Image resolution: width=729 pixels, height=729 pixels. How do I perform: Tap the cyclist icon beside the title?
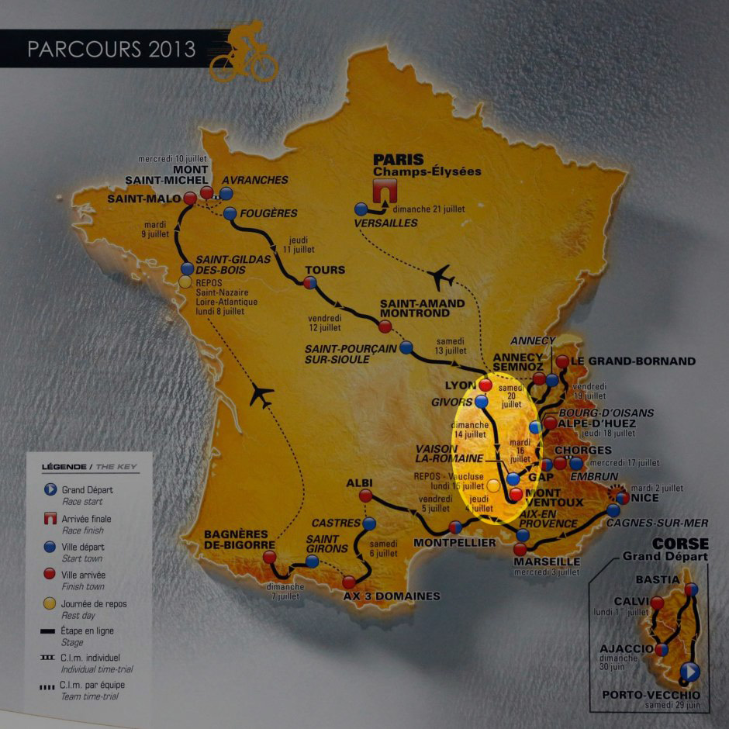pyautogui.click(x=243, y=52)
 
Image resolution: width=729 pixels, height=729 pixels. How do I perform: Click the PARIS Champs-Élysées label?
pyautogui.click(x=427, y=165)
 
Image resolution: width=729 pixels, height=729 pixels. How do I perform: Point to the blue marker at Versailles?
pyautogui.click(x=361, y=209)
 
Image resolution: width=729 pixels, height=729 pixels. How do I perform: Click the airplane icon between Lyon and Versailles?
pyautogui.click(x=441, y=275)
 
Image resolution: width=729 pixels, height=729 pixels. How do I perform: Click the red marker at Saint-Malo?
pyautogui.click(x=188, y=198)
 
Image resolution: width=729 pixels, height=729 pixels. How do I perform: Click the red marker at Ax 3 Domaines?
pyautogui.click(x=349, y=582)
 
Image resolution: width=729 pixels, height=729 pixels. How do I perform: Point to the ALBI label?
pyautogui.click(x=359, y=482)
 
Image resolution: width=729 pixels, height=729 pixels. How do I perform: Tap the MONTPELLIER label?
pyautogui.click(x=454, y=543)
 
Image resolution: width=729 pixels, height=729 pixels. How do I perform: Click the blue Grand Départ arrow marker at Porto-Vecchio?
pyautogui.click(x=691, y=672)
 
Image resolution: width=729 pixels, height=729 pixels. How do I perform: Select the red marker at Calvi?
pyautogui.click(x=658, y=603)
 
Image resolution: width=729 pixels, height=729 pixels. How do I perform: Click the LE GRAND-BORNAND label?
pyautogui.click(x=634, y=361)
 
